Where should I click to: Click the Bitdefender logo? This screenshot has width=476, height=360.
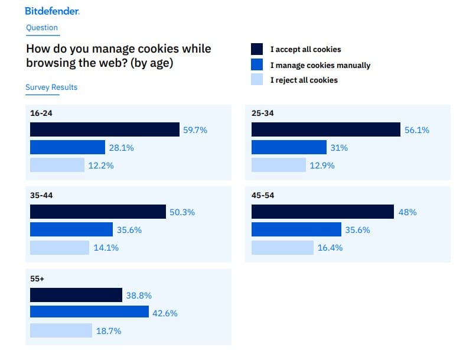point(52,11)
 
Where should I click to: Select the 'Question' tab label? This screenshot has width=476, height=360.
point(42,28)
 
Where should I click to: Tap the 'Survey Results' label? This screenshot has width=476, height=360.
point(51,87)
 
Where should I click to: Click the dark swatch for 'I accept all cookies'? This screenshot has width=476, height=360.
point(257,49)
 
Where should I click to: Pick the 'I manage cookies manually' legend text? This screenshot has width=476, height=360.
point(320,65)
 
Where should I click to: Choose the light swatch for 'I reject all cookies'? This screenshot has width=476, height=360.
point(257,80)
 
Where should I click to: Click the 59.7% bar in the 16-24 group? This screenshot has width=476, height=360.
point(105,129)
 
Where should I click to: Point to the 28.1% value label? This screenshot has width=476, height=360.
point(121,148)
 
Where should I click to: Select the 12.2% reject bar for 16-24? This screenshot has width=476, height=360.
point(57,166)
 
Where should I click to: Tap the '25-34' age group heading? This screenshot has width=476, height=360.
point(262,113)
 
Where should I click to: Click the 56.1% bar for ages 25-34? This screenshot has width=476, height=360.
point(326,129)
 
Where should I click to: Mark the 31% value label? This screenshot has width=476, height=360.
point(339,148)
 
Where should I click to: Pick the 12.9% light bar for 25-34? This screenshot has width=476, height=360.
point(279,166)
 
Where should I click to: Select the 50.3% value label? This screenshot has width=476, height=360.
point(182,212)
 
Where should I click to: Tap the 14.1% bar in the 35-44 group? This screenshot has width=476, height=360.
point(60,248)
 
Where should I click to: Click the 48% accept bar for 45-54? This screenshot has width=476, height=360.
point(322,212)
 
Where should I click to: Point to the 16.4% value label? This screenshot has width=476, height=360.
point(330,248)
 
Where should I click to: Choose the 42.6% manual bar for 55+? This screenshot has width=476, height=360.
point(89,312)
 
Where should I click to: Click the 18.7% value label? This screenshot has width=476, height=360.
point(109,331)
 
